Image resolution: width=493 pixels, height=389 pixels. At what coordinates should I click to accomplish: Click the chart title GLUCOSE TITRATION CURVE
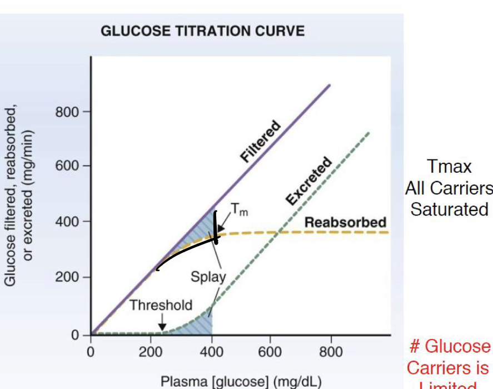point(202,31)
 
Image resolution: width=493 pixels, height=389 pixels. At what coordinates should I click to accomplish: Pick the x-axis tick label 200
point(151,352)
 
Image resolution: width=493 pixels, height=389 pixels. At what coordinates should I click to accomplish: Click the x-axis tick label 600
point(270,352)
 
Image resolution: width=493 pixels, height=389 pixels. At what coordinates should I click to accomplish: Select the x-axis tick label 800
point(331,352)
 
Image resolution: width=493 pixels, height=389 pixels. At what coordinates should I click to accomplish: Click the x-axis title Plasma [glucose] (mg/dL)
point(241,381)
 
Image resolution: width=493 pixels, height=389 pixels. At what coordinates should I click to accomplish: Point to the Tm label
point(236,210)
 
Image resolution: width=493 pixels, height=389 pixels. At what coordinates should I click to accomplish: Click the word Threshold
point(161,305)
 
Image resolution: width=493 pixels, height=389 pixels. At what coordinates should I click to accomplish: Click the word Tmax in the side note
point(450,166)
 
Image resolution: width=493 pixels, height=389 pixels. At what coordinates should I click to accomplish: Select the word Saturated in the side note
point(449,210)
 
